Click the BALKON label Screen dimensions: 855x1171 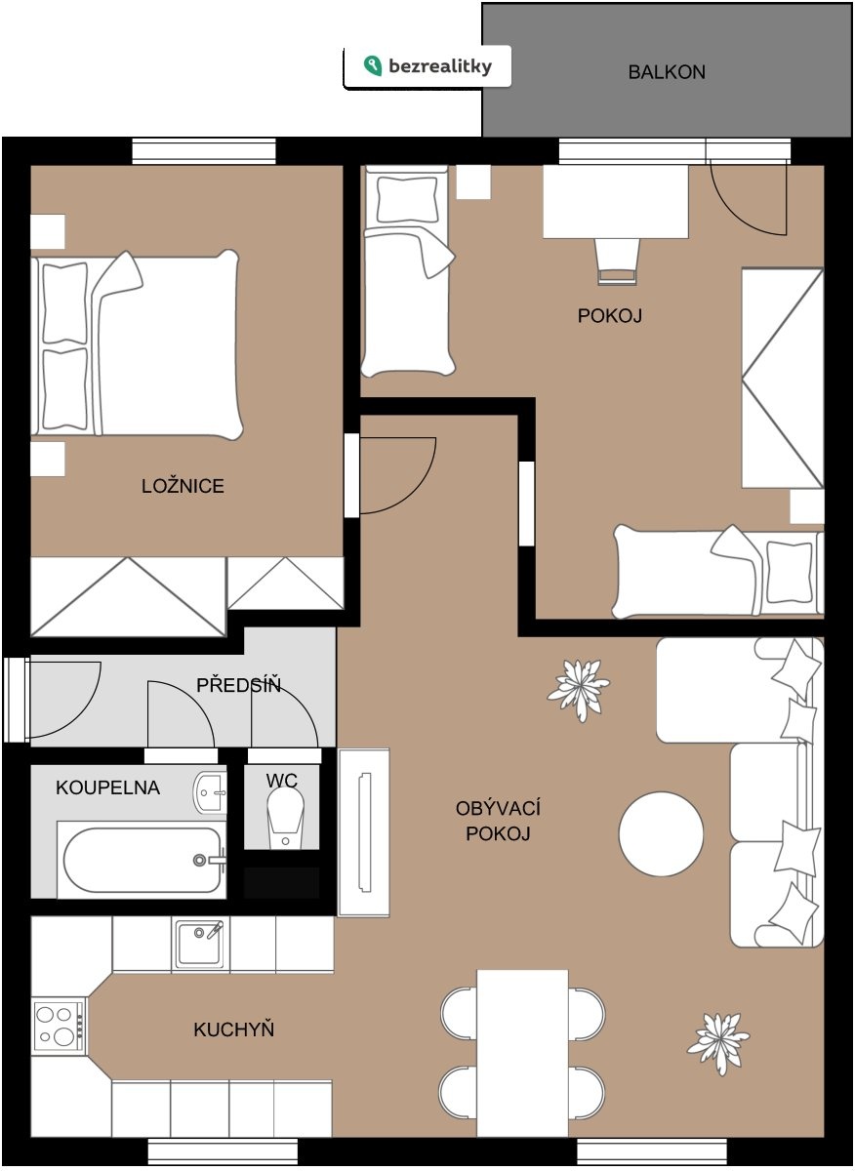[x=667, y=72]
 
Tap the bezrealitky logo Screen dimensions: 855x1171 [x=427, y=66]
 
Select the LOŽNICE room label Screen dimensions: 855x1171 [x=183, y=486]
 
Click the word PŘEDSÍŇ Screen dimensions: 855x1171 [x=238, y=685]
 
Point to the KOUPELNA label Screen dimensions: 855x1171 [x=107, y=787]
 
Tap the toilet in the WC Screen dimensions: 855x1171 [x=285, y=818]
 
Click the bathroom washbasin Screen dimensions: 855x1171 [x=210, y=793]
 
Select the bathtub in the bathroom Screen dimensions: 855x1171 [x=142, y=860]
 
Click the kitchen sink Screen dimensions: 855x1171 [x=199, y=945]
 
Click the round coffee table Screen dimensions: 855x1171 [x=661, y=833]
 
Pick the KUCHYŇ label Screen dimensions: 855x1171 [x=233, y=1030]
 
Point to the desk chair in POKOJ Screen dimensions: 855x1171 [x=618, y=262]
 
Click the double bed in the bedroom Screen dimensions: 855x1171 [x=136, y=344]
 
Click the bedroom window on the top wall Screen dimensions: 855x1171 [x=203, y=151]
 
